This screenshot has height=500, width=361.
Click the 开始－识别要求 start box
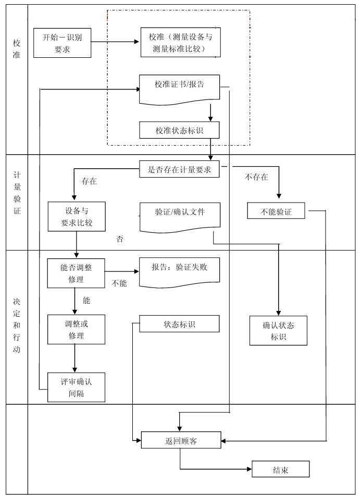pyautogui.click(x=62, y=43)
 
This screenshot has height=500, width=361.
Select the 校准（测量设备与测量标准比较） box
pyautogui.click(x=180, y=43)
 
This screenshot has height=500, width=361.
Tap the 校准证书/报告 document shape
pyautogui.click(x=179, y=87)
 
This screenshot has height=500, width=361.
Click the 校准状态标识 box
pyautogui.click(x=179, y=130)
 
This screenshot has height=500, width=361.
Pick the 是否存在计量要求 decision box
pyautogui.click(x=179, y=169)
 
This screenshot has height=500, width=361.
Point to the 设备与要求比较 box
pyautogui.click(x=77, y=217)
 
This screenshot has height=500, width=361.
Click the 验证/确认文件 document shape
pyautogui.click(x=180, y=215)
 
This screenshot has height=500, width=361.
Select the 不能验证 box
pyautogui.click(x=276, y=211)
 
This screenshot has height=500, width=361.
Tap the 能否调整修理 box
pyautogui.click(x=76, y=273)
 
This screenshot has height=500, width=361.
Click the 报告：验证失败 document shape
pyautogui.click(x=179, y=270)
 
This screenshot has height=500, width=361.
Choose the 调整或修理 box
pyautogui.click(x=76, y=330)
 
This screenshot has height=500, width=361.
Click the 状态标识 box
pyautogui.click(x=179, y=324)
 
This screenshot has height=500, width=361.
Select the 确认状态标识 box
pyautogui.click(x=278, y=331)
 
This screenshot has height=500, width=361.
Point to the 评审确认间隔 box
pyautogui.click(x=76, y=387)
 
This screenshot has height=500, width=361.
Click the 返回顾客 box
pyautogui.click(x=181, y=441)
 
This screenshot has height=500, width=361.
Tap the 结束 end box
pyautogui.click(x=280, y=469)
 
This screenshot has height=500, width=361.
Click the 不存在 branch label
pyautogui.click(x=256, y=177)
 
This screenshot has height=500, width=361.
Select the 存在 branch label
pyautogui.click(x=89, y=182)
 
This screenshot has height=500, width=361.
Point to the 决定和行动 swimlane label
pyautogui.click(x=17, y=326)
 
